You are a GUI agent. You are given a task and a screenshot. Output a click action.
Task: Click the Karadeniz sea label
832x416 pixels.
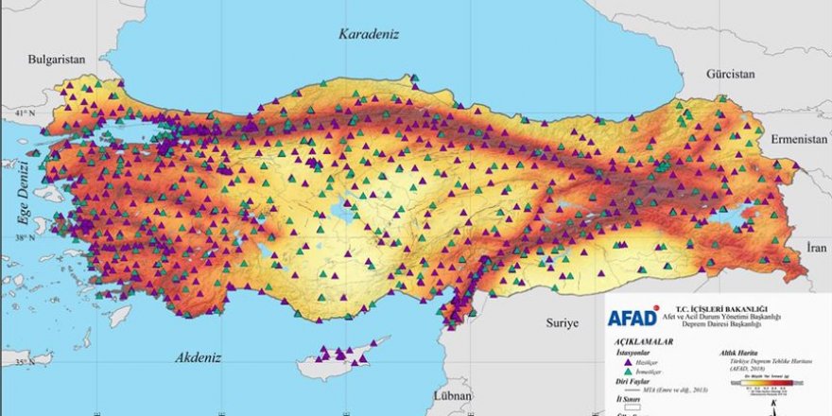tap(370, 34)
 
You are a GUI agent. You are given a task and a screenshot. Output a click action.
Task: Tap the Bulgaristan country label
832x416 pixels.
tap(57, 59)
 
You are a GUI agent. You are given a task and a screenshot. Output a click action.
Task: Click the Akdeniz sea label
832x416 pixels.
tap(198, 358)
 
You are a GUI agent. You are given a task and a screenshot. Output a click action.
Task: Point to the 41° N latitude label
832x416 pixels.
tap(19, 115)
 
